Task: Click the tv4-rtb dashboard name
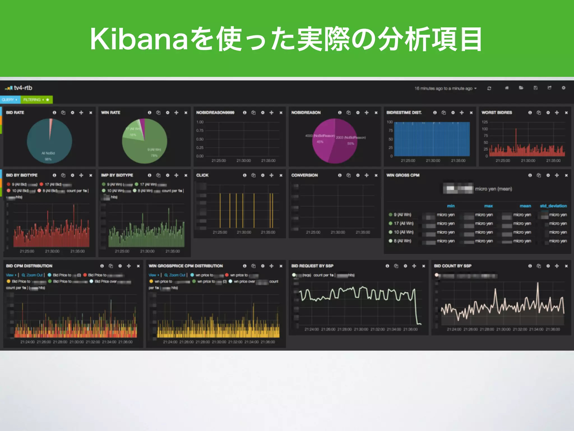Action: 23,88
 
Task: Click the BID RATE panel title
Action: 15,113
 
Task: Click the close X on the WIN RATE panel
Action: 186,113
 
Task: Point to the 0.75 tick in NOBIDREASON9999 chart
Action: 200,130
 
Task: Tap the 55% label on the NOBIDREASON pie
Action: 351,143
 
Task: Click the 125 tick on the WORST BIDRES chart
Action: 485,122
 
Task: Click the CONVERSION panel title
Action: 304,175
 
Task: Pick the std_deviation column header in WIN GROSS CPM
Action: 553,206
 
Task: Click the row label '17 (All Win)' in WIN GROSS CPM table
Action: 404,223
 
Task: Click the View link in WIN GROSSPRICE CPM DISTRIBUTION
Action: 152,275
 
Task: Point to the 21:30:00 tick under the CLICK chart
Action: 244,232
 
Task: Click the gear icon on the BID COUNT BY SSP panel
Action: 548,266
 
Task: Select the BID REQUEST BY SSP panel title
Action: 312,266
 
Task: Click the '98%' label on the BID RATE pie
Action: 48,159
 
